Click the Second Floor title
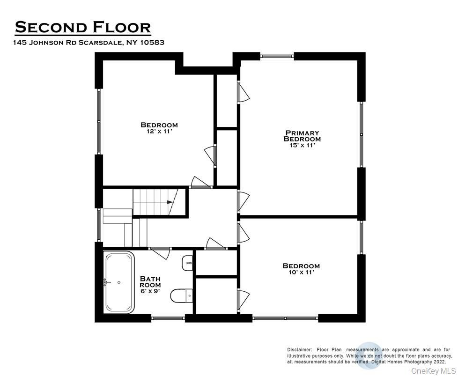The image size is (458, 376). [x=83, y=27]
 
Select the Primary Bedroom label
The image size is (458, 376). [x=302, y=136]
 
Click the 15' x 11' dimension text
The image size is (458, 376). [x=302, y=146]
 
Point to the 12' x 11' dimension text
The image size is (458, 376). [x=159, y=132]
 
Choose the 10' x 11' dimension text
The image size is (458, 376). [x=301, y=273]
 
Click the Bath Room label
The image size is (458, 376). [x=150, y=281]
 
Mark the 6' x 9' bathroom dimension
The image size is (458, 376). [x=150, y=291]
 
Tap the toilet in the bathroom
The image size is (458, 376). [x=181, y=295]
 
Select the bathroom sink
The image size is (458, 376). [x=187, y=263]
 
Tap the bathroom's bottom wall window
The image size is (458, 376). [x=168, y=319]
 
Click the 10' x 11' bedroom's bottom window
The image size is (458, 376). [x=286, y=319]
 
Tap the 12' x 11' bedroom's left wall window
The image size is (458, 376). [x=98, y=121]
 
